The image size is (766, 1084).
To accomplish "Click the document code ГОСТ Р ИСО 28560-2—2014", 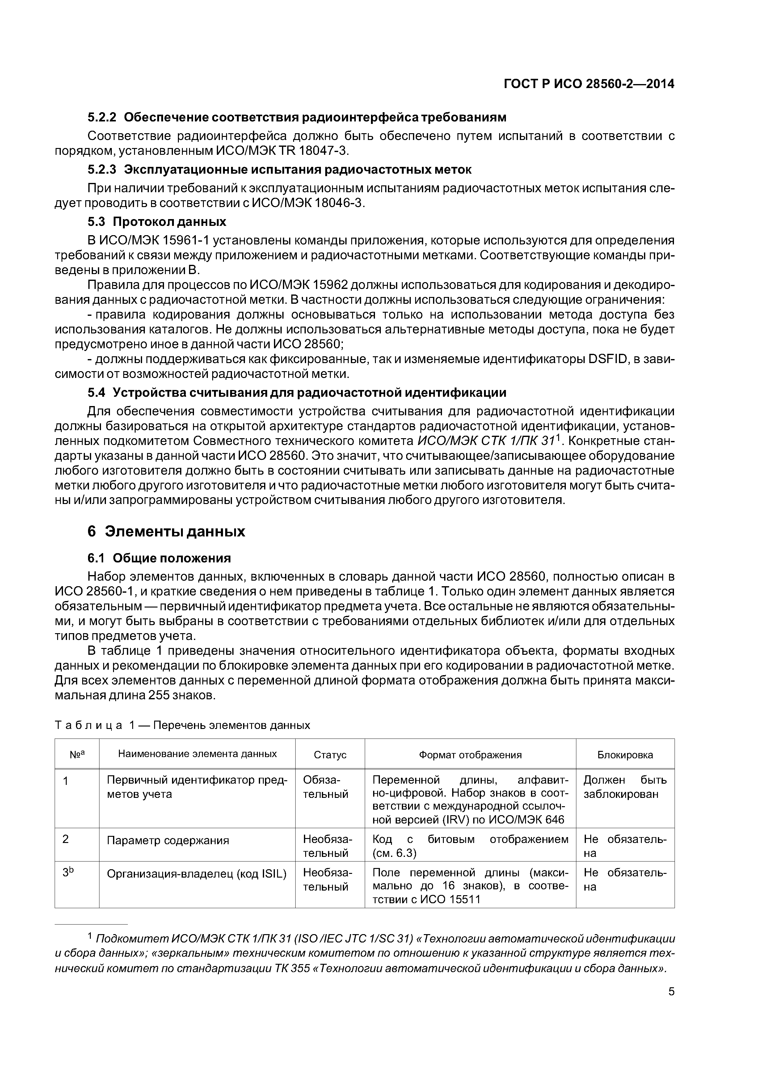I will pyautogui.click(x=589, y=84).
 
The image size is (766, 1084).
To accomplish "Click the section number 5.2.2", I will pyautogui.click(x=102, y=116).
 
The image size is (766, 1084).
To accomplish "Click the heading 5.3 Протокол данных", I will pyautogui.click(x=157, y=222).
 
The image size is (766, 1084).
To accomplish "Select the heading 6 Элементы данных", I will pyautogui.click(x=166, y=531).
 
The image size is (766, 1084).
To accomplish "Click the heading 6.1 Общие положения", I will pyautogui.click(x=159, y=558).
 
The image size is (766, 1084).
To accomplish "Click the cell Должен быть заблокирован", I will pyautogui.click(x=625, y=787).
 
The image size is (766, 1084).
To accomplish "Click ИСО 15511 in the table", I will pyautogui.click(x=448, y=900).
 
